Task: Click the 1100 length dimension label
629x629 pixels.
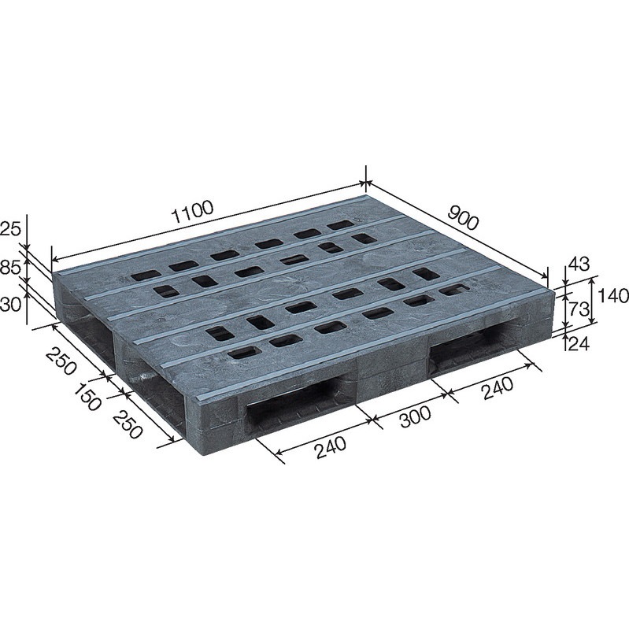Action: [192, 213]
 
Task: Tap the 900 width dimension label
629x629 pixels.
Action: [463, 217]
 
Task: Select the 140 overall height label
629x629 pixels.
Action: [613, 296]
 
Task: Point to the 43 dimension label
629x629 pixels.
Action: [579, 265]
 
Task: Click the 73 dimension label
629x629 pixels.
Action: [578, 309]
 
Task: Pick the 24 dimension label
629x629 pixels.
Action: [579, 344]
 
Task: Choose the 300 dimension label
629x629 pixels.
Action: [415, 416]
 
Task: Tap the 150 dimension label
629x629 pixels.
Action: [87, 398]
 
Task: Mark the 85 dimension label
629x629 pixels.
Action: [10, 268]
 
